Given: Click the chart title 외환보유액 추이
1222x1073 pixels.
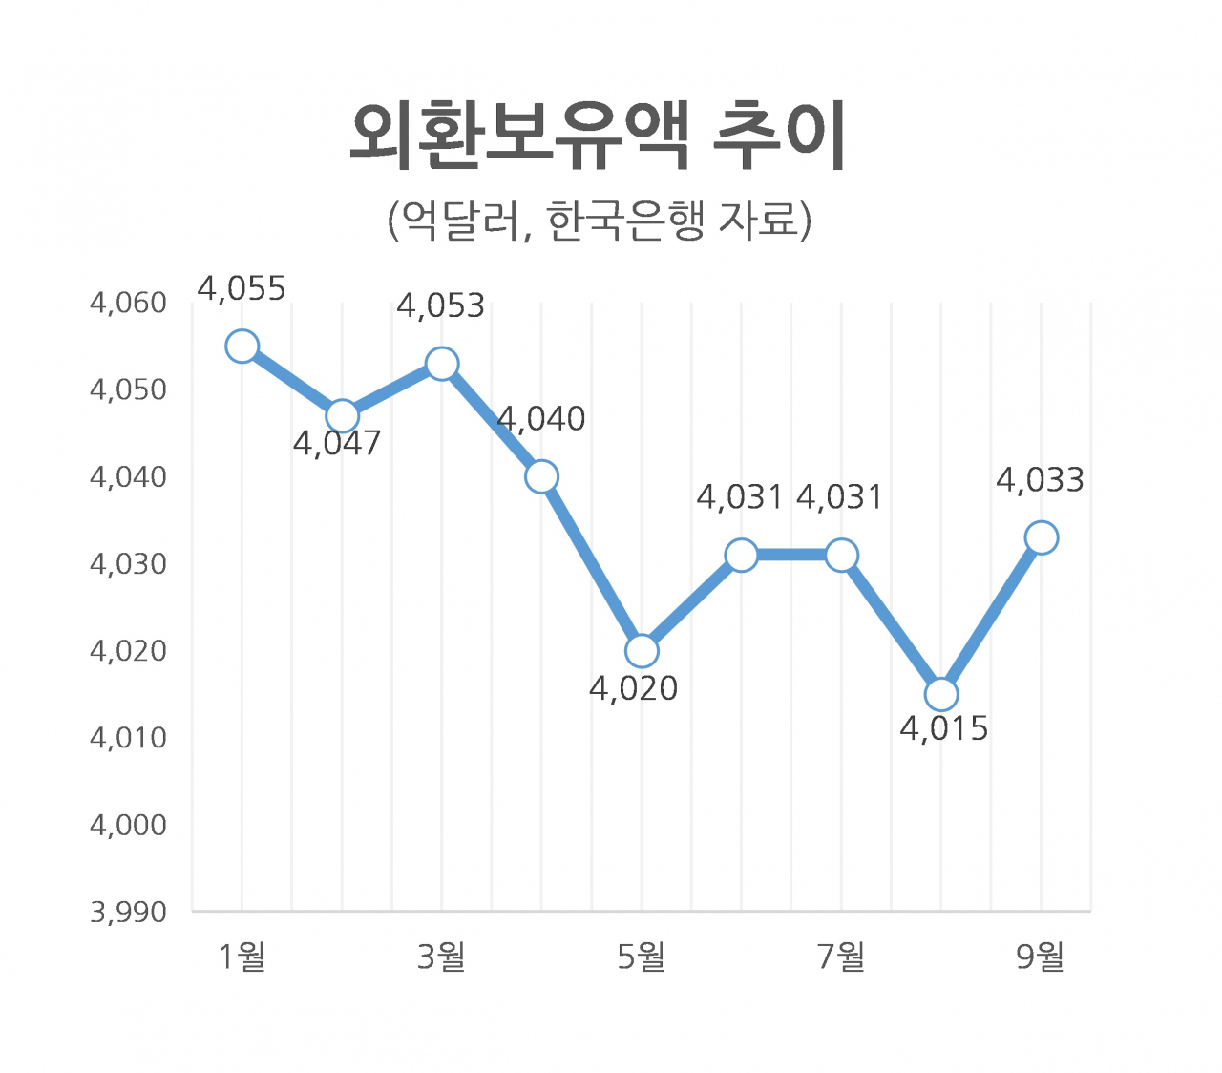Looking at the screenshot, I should point(598,137).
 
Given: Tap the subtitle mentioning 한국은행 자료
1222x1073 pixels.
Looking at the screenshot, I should point(599,221).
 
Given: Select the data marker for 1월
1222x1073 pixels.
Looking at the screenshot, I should point(242,346).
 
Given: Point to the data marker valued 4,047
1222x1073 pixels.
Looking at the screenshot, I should point(342,416).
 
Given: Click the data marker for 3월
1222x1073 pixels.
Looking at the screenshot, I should point(442,364).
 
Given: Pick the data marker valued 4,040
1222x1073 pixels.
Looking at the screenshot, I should point(541,476).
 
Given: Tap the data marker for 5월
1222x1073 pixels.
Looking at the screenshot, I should point(642,651).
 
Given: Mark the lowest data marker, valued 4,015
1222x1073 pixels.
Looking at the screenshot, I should point(941,694).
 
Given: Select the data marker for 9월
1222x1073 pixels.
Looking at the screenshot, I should point(1041,537).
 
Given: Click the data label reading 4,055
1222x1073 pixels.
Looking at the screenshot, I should point(242,288).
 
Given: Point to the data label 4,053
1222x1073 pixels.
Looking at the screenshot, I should point(441,306).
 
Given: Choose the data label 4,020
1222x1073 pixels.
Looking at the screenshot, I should point(633,688).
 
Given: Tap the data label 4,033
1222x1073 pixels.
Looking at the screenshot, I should point(1040,479).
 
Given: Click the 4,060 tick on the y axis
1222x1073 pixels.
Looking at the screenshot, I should point(128,304).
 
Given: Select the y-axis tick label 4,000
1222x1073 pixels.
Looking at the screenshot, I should point(128,825).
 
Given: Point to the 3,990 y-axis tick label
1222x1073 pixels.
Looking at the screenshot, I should point(128,913).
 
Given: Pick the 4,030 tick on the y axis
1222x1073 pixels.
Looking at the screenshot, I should point(128,564).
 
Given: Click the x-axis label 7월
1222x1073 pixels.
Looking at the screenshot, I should point(841,957).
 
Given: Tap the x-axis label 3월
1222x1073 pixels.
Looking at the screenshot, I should point(441,957).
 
